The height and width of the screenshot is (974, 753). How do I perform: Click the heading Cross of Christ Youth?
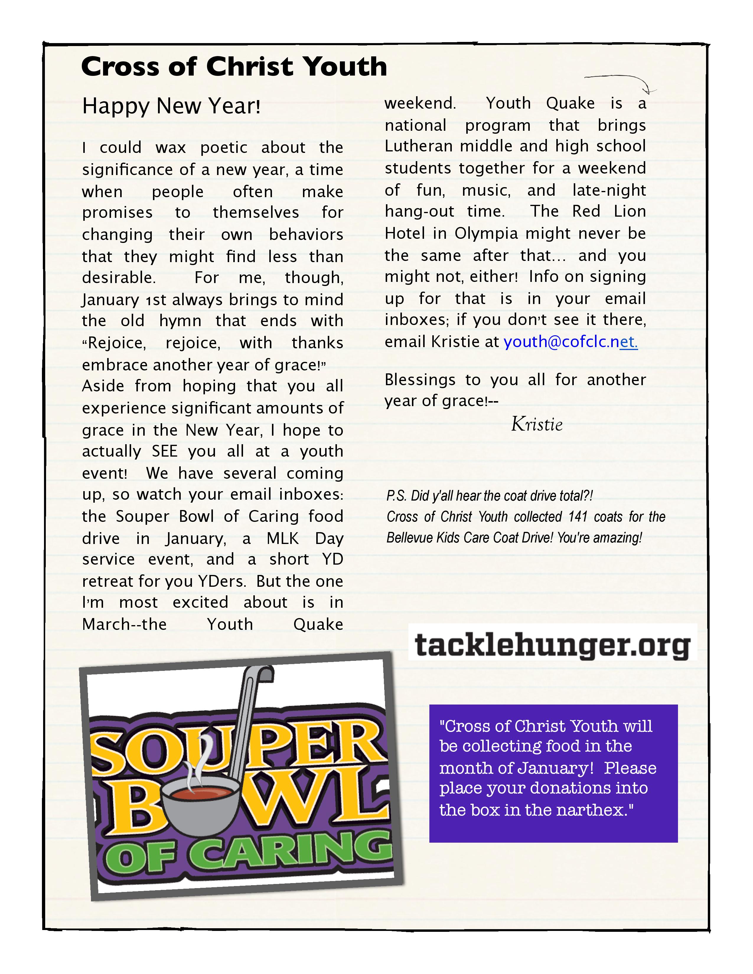click(x=234, y=67)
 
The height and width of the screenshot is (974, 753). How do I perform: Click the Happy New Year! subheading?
click(x=171, y=106)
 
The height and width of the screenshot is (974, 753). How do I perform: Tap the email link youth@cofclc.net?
click(x=571, y=341)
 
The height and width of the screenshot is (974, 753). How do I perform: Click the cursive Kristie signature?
click(x=537, y=424)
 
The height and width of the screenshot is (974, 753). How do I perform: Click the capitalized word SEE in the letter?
click(x=164, y=451)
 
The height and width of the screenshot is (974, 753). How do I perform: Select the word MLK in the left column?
click(x=282, y=538)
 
